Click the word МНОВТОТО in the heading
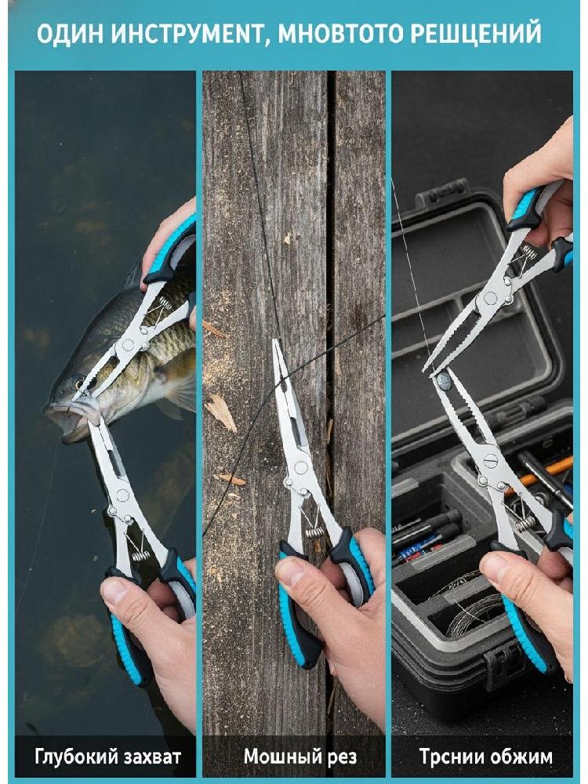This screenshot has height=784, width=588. (x=340, y=33)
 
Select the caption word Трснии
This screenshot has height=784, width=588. (x=448, y=757)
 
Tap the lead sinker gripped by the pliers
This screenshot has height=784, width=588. (x=444, y=381)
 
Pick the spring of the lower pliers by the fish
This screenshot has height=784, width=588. (x=141, y=556)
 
